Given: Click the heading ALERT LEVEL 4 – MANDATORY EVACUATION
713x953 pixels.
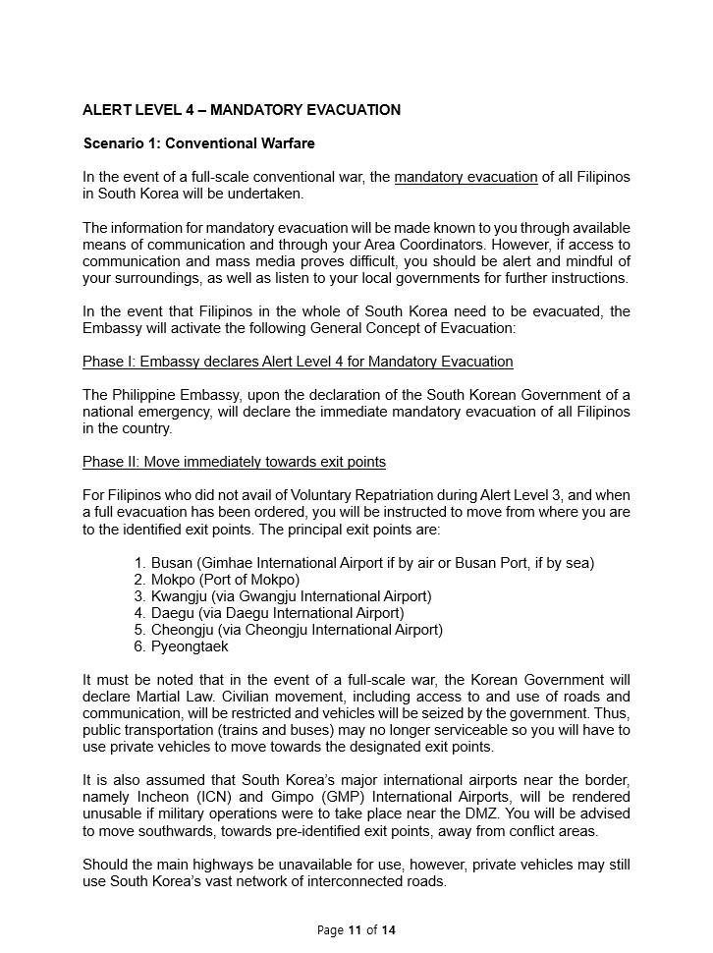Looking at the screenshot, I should (242, 110).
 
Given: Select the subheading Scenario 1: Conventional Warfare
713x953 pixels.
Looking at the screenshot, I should (199, 143).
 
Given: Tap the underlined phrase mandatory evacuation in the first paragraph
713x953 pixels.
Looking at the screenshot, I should (466, 177).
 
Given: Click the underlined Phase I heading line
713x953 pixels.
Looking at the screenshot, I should (298, 362).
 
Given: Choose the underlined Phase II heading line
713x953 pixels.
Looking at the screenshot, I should (234, 462).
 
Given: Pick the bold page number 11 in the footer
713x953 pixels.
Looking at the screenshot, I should (355, 929).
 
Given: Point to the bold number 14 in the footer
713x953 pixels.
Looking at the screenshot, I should (389, 929).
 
